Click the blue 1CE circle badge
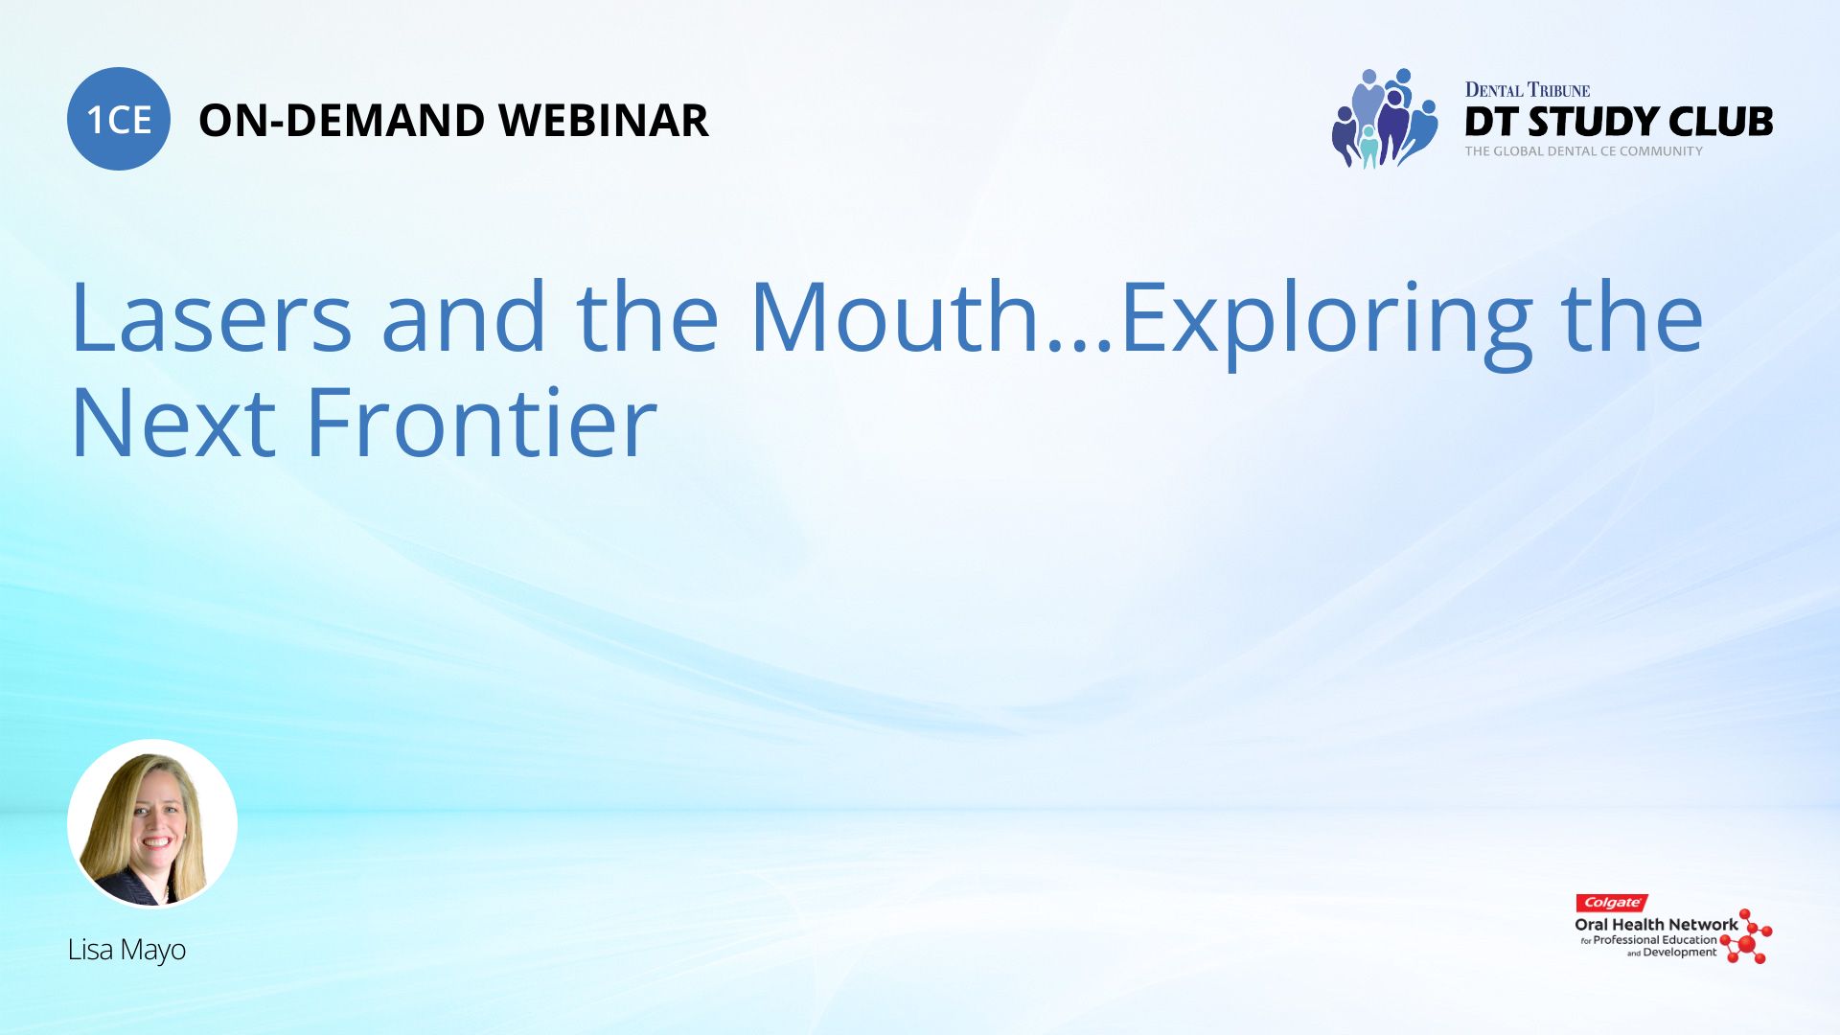click(x=119, y=119)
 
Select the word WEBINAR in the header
click(x=604, y=121)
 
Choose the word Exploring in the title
click(x=1327, y=323)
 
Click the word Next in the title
click(x=173, y=423)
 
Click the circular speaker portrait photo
click(x=152, y=823)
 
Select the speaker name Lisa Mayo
click(x=126, y=950)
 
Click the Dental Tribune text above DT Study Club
click(x=1528, y=90)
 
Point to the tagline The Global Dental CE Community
click(x=1584, y=151)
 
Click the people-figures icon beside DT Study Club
click(x=1385, y=118)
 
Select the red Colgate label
click(x=1612, y=903)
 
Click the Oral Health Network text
click(x=1656, y=925)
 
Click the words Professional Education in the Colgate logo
click(x=1655, y=940)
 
